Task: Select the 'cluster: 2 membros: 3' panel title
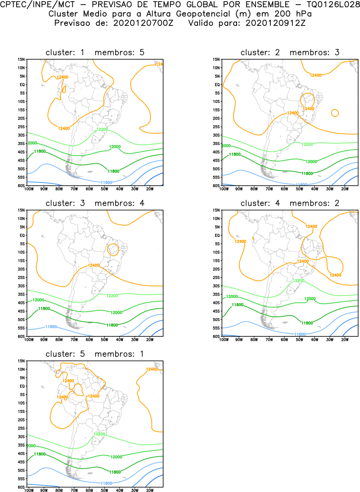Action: click(290, 52)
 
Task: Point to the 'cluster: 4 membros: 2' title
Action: click(290, 203)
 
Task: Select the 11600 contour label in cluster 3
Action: click(51, 327)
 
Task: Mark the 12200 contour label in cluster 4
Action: click(299, 281)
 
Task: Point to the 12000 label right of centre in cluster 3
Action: click(116, 313)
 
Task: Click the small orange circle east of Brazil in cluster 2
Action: click(335, 113)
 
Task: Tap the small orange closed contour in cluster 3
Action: click(113, 249)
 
